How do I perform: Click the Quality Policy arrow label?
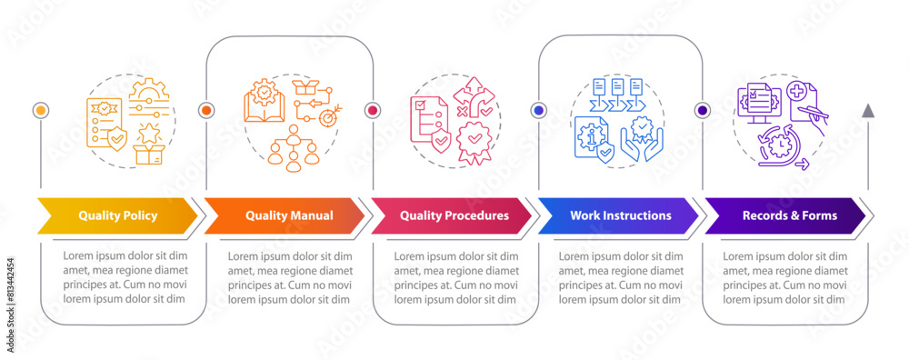pos(117,215)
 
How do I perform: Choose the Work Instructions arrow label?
pos(620,215)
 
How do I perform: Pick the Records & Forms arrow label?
pos(789,215)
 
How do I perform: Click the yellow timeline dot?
pos(40,110)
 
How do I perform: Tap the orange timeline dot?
pos(206,110)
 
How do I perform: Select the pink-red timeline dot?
pos(372,110)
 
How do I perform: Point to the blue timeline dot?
pos(538,110)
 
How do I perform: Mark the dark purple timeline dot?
pos(703,110)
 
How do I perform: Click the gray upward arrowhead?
pos(868,111)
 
